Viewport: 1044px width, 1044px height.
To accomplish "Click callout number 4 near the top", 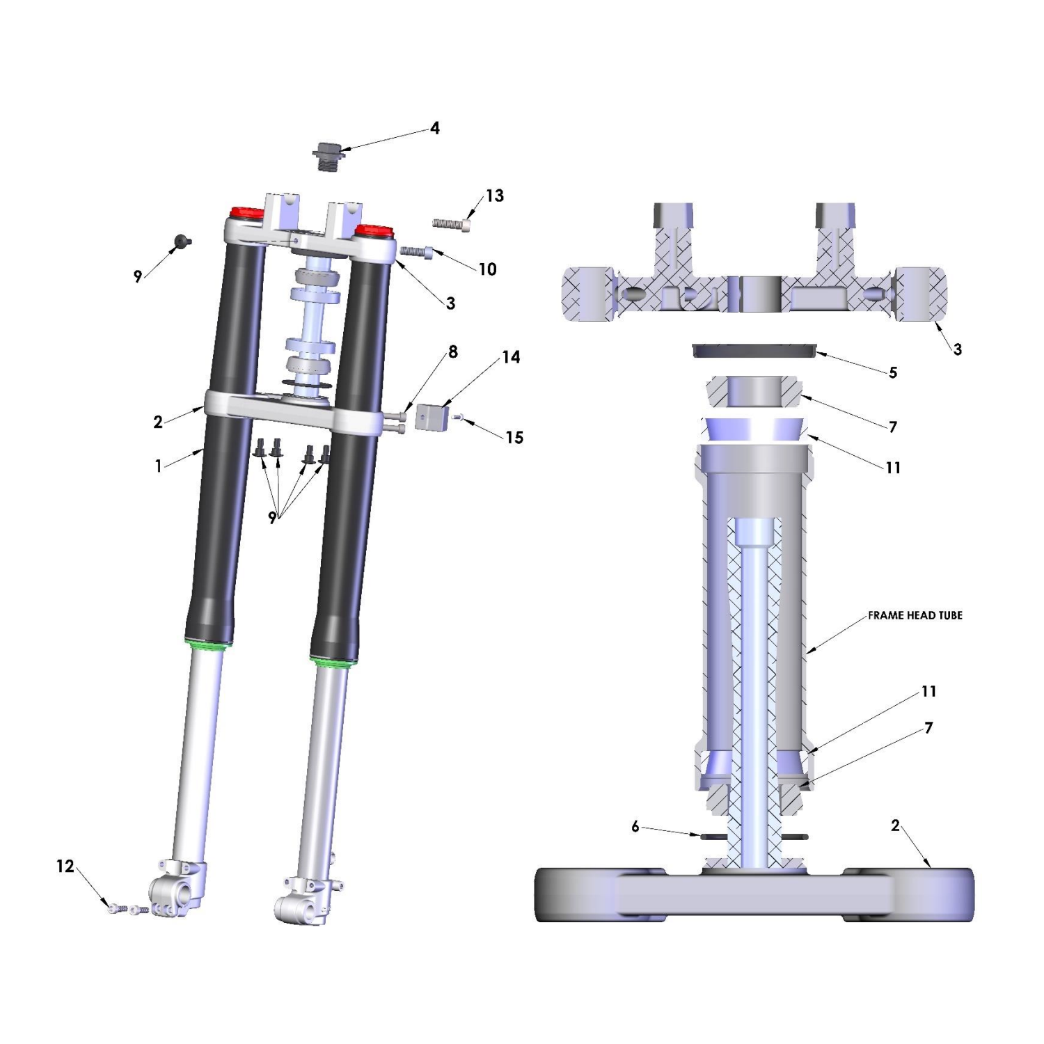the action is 435,128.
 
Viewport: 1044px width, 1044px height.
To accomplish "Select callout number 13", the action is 494,196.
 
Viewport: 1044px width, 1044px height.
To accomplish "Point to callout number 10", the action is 487,269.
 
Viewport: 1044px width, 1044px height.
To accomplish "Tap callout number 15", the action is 514,437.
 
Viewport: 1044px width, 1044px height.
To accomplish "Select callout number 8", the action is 453,352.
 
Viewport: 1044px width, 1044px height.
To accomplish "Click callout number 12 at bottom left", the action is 65,867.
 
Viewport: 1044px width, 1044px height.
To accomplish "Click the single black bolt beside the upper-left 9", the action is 183,241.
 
